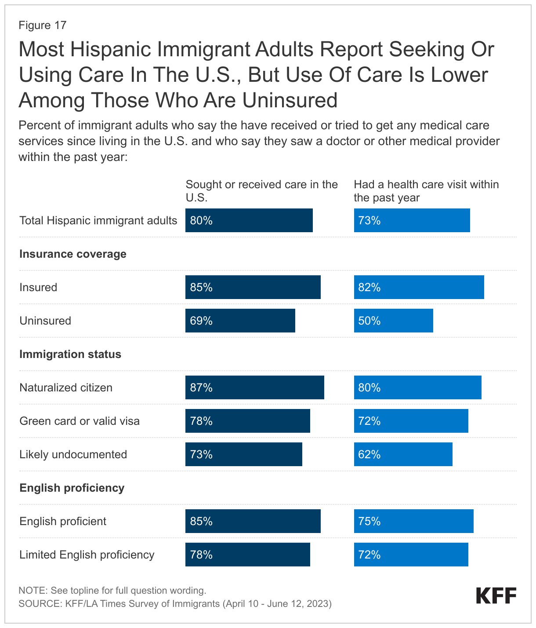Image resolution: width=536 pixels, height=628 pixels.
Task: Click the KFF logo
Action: pos(496,596)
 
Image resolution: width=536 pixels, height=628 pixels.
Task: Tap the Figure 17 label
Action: pos(42,25)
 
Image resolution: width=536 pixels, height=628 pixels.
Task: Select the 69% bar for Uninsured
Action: pos(240,321)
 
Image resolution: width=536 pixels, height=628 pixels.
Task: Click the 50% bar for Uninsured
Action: pos(393,321)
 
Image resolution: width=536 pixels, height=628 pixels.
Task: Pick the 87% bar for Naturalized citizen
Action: pos(254,387)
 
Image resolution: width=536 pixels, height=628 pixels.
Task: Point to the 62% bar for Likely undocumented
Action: pos(403,454)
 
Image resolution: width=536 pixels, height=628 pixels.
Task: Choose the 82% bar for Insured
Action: pos(419,287)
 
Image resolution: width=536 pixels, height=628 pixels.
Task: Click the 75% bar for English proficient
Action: pos(413,521)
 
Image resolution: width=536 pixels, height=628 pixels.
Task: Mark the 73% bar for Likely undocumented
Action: pos(243,454)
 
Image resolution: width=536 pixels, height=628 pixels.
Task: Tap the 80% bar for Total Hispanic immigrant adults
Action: pos(249,220)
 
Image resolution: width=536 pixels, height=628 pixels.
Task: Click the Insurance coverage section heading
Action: pos(73,254)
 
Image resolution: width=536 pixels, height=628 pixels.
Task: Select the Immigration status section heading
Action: pos(70,354)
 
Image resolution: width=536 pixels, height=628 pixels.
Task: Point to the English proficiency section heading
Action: pos(72,488)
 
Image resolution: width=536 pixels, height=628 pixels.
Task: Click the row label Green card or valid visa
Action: pos(80,421)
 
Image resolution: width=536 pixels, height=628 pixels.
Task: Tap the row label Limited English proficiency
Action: pos(87,555)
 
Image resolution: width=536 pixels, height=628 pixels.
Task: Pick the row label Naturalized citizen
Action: pos(66,387)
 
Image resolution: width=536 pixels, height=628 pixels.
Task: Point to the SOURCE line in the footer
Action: pos(175,603)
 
